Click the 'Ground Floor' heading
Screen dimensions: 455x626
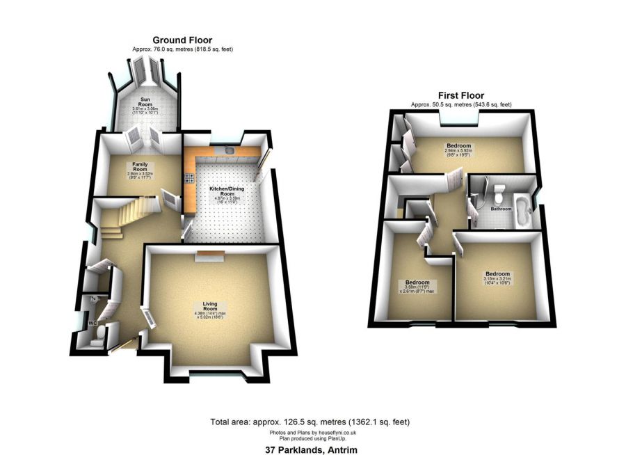pyautogui.click(x=182, y=40)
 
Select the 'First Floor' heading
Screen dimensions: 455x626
pyautogui.click(x=460, y=95)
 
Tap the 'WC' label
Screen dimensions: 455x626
pyautogui.click(x=92, y=324)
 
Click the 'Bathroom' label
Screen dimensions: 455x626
pyautogui.click(x=501, y=208)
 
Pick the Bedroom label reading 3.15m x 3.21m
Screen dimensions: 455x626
pyautogui.click(x=497, y=274)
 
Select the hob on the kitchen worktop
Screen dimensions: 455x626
pyautogui.click(x=188, y=179)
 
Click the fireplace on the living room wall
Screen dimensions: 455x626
pyautogui.click(x=209, y=255)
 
